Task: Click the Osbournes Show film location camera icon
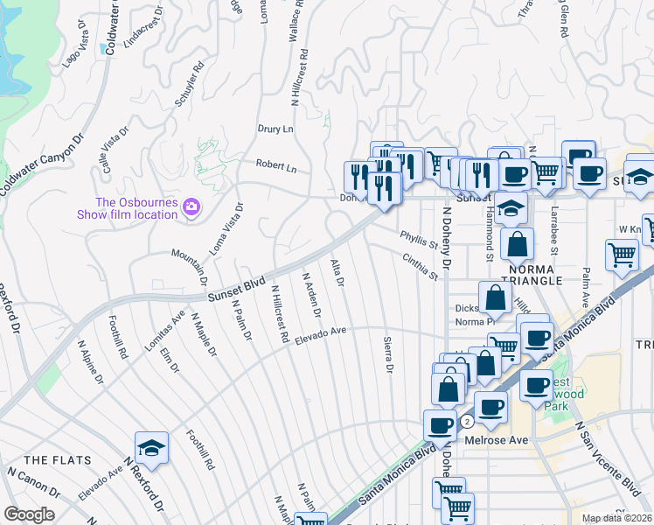coord(191,207)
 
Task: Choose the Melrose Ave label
coord(496,440)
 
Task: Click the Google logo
coord(29,514)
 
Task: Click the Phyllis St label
coord(418,239)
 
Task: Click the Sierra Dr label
coord(386,354)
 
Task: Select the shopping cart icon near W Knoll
coord(622,255)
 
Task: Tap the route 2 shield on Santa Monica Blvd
coord(468,421)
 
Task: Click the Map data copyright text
coord(617,518)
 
